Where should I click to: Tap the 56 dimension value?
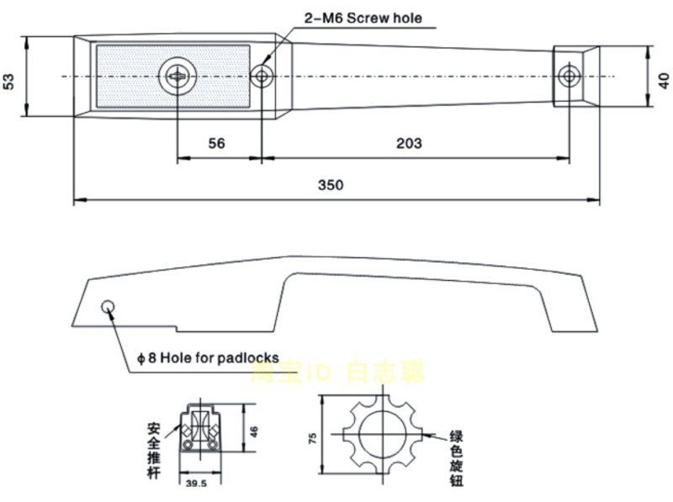(216, 143)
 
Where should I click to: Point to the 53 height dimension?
(9, 81)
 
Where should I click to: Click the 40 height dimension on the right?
(663, 81)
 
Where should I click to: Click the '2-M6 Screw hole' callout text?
(363, 18)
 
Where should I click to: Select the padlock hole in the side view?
(109, 307)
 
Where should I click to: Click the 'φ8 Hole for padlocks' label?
(207, 357)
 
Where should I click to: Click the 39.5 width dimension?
(196, 484)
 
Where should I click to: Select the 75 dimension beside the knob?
(312, 437)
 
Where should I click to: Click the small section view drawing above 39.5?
(199, 432)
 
